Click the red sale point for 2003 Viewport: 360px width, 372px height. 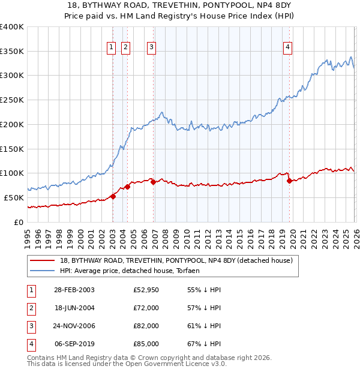click(113, 196)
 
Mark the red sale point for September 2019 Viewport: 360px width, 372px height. click(289, 180)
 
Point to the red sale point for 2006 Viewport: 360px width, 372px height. click(153, 182)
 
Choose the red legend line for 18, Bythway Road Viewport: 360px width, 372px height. click(42, 261)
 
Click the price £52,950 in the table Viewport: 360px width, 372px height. click(146, 290)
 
